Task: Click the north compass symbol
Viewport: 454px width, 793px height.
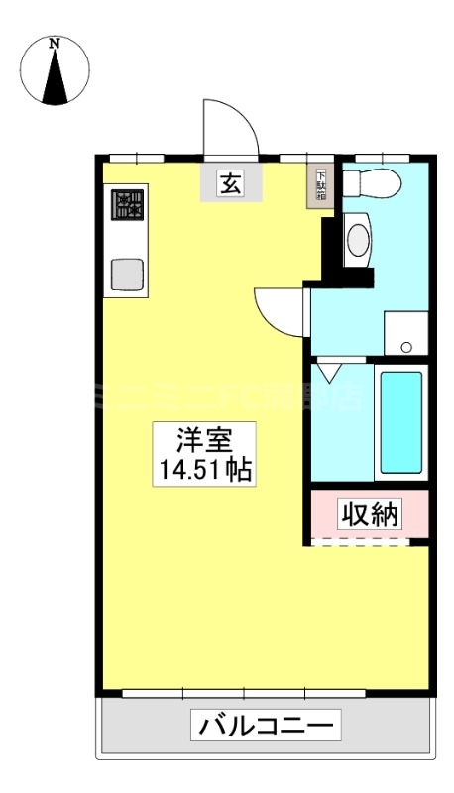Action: click(x=56, y=74)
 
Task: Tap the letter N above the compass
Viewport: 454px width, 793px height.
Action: click(x=56, y=43)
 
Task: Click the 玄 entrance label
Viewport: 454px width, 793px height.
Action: click(x=230, y=183)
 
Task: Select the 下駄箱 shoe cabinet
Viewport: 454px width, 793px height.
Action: click(x=321, y=185)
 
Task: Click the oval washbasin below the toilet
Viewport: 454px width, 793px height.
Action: click(x=357, y=239)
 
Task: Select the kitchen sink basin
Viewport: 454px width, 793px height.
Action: click(x=128, y=273)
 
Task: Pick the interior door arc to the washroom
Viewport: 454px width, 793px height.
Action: click(x=281, y=309)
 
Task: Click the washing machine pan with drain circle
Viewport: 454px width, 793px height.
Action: click(x=405, y=332)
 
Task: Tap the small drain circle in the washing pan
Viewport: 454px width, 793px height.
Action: click(x=405, y=346)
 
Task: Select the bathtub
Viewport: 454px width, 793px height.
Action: click(x=401, y=421)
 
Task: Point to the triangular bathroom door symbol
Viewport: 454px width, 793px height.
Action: click(x=328, y=373)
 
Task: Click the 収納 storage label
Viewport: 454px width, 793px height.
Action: click(x=370, y=513)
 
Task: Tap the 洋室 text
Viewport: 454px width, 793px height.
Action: click(x=202, y=438)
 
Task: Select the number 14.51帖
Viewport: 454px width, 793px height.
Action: click(x=202, y=470)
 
